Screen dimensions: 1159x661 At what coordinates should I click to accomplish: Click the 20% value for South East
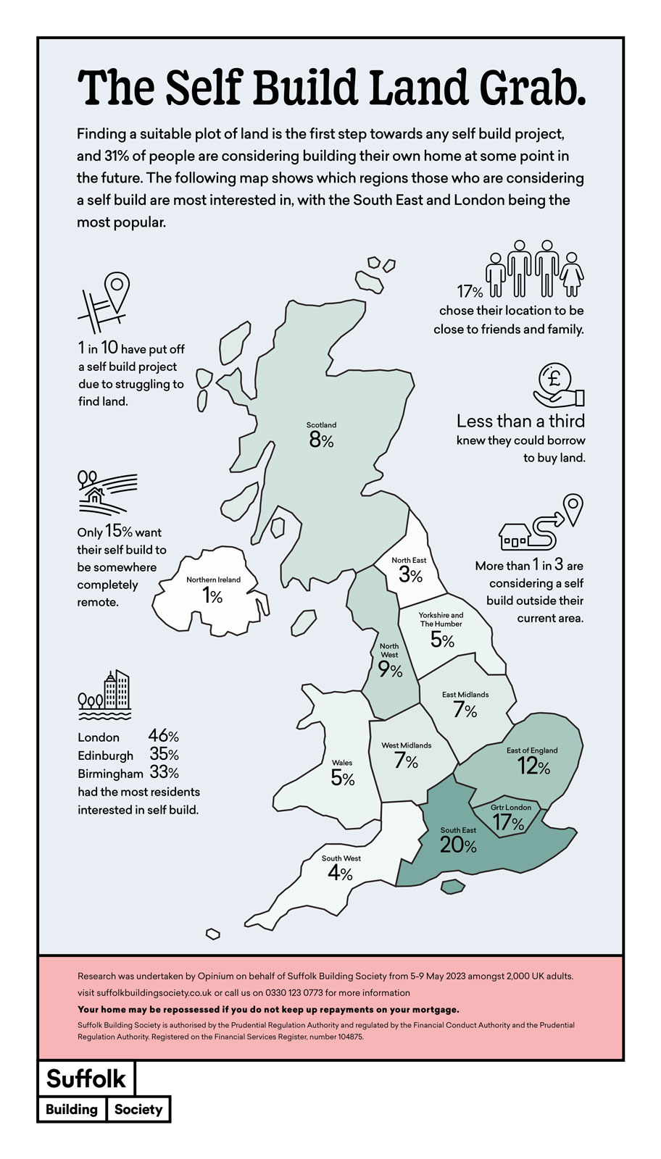point(458,845)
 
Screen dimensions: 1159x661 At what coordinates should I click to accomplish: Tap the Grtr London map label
point(511,807)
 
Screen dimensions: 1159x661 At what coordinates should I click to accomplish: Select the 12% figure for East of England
point(533,766)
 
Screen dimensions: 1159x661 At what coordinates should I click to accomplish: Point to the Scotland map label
point(321,425)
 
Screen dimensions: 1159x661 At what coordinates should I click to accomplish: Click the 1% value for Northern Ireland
point(212,595)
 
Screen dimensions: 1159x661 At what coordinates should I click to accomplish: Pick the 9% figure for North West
point(390,671)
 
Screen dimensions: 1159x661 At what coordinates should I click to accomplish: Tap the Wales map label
point(342,763)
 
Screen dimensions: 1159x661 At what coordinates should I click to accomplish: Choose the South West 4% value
point(340,874)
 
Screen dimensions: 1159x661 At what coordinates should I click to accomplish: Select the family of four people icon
point(536,269)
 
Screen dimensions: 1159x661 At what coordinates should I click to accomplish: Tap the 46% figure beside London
point(164,737)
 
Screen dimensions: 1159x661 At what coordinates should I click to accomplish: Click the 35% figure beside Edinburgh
point(164,755)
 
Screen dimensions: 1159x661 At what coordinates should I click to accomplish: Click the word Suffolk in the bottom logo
point(86,1079)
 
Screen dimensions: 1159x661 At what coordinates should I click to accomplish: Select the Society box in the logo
point(138,1109)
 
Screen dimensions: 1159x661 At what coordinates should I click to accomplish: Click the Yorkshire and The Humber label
point(441,619)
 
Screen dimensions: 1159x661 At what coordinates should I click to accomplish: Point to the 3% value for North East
point(410,575)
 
